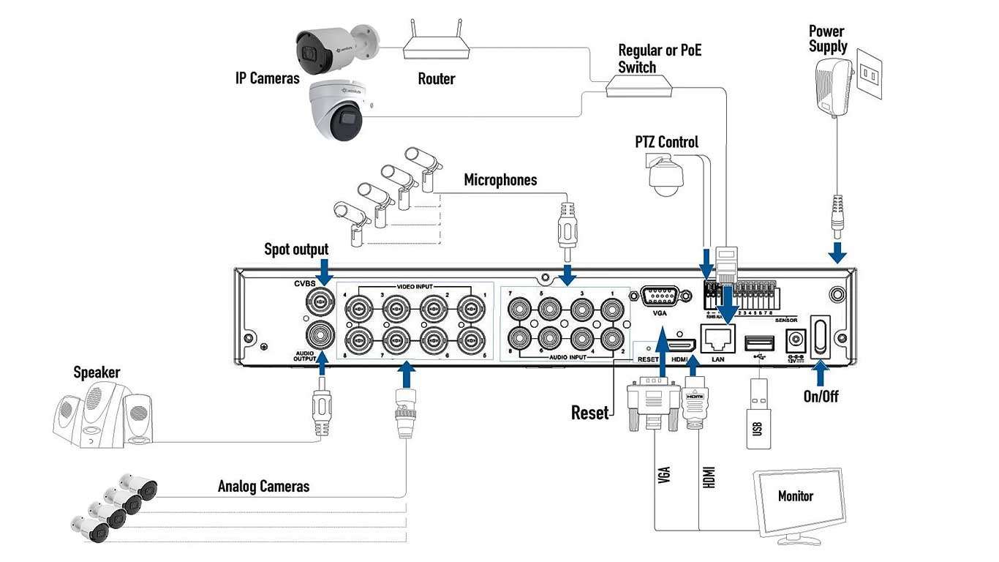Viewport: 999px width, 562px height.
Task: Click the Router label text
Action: pos(436,79)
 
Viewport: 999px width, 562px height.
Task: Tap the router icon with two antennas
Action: pos(436,47)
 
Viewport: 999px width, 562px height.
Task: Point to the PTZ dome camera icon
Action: pos(666,176)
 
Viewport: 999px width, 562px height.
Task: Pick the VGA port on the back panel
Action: pos(660,296)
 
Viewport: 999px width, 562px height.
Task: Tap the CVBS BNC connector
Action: pos(321,301)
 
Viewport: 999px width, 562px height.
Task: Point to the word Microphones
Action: pos(500,180)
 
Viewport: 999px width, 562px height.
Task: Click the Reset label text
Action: pos(589,413)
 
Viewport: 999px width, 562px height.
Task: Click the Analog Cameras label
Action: pos(263,487)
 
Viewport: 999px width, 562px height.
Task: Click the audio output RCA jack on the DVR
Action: pos(321,336)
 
